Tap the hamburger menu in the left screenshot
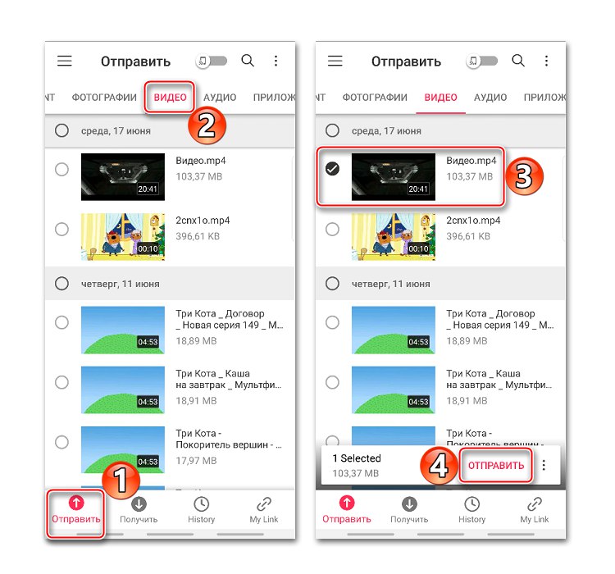click(65, 61)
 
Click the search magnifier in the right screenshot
click(518, 61)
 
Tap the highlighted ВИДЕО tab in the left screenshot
click(170, 98)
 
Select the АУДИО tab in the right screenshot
click(490, 98)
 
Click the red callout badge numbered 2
click(207, 125)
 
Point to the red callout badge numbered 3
click(524, 176)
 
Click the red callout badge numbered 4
click(439, 466)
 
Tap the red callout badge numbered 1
click(121, 481)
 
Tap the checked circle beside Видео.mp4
click(333, 169)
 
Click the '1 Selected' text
click(357, 458)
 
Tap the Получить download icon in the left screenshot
click(139, 504)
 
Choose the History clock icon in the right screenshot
click(471, 504)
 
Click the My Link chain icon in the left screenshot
click(264, 504)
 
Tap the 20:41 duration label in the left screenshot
click(148, 189)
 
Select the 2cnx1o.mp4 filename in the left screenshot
click(203, 221)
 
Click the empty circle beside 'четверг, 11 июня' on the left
click(61, 283)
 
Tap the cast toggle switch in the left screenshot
click(212, 61)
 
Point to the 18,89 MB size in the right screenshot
click(467, 341)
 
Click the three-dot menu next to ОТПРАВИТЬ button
click(544, 465)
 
